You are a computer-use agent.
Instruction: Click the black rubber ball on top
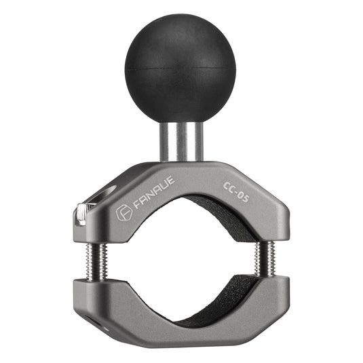tap(180, 61)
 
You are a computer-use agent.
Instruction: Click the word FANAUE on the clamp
tap(153, 193)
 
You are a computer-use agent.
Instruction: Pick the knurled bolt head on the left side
tap(80, 214)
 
